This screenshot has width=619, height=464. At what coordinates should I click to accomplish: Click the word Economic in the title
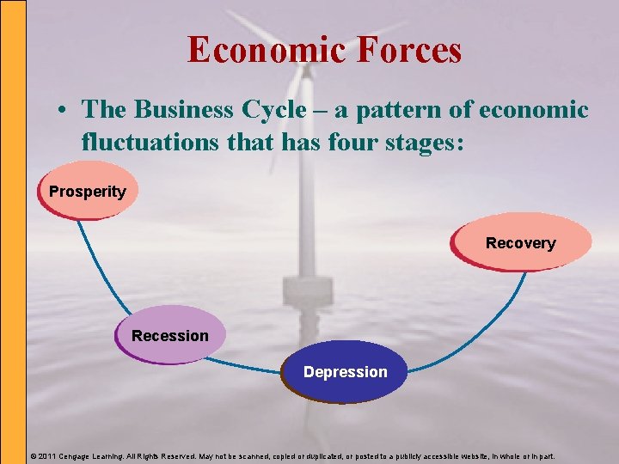(x=259, y=49)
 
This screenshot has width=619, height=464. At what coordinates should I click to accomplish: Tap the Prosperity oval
(x=87, y=191)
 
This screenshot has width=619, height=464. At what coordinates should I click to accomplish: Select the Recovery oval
(x=521, y=242)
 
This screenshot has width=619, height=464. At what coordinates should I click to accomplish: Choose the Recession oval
(x=170, y=335)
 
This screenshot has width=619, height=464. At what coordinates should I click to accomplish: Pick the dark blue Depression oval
(x=345, y=371)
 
